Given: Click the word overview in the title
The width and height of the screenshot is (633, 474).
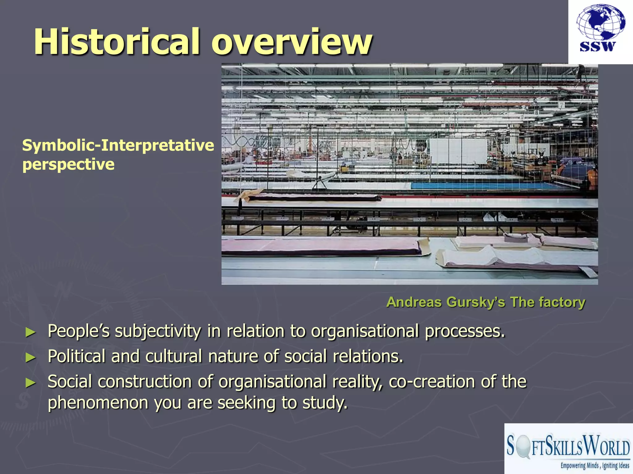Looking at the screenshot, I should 292,42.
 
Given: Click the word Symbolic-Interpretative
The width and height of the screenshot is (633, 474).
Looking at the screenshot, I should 118,145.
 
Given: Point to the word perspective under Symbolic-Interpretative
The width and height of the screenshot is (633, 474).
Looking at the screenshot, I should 68,164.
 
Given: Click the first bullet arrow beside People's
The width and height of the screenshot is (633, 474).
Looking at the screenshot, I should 31,332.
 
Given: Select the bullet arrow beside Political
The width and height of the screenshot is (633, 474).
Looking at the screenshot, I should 31,358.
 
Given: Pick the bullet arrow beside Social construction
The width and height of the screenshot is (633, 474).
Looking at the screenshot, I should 31,383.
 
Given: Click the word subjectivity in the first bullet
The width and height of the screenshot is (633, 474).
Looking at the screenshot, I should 158,331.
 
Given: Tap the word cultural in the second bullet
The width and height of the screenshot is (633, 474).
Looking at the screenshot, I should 173,356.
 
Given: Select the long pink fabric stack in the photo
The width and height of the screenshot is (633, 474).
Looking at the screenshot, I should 321,247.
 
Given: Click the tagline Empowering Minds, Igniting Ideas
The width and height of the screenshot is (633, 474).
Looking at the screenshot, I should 595,465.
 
